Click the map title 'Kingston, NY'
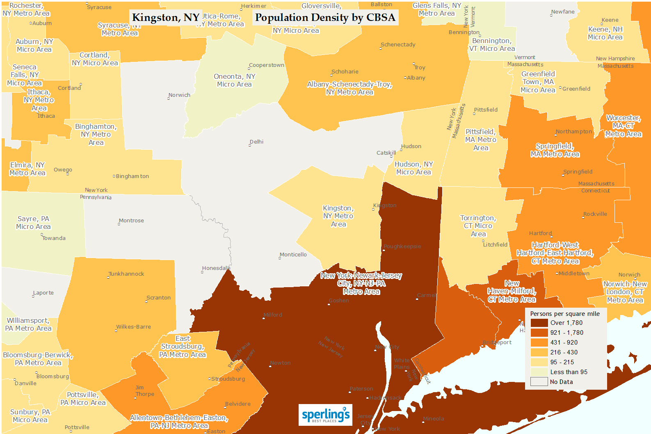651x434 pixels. [166, 18]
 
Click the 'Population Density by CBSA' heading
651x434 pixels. [325, 18]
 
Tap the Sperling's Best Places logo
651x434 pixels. [325, 415]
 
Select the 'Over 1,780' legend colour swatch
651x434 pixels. [539, 323]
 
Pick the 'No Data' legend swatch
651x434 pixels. [539, 382]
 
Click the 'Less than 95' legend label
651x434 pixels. [569, 372]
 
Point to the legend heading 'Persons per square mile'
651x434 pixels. [565, 314]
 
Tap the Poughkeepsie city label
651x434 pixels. [402, 247]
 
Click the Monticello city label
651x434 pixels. [293, 255]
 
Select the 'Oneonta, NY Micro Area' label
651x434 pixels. [234, 80]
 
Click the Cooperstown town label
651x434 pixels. [266, 65]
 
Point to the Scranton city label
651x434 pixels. [158, 298]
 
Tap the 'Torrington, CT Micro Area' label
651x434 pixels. [478, 226]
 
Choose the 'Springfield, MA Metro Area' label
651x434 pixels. [555, 150]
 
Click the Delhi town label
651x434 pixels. [256, 142]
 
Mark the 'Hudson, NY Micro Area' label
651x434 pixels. [413, 168]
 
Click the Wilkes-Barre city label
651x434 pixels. [133, 327]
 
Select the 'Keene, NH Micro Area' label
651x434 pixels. [605, 33]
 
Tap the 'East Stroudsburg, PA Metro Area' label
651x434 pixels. [183, 347]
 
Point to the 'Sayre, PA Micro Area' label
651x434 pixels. [33, 223]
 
